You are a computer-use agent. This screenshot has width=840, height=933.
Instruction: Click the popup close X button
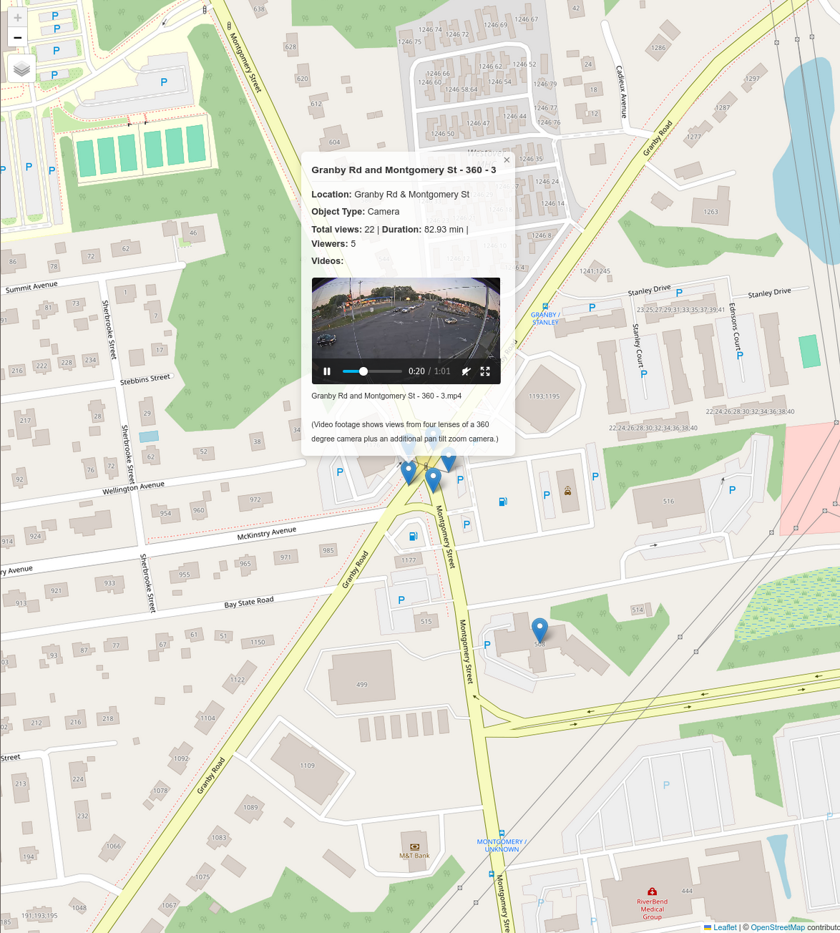tap(507, 160)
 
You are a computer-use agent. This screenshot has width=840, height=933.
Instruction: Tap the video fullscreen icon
tap(485, 371)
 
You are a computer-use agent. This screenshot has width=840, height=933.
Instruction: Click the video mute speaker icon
tap(466, 371)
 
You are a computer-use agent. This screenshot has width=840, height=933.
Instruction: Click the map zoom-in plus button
tap(18, 18)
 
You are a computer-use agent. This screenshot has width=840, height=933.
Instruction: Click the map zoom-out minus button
tap(18, 37)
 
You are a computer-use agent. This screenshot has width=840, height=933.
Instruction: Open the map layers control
tap(22, 69)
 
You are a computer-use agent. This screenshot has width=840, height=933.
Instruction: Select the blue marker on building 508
tap(539, 630)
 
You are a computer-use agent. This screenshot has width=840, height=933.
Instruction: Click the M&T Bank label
tap(414, 855)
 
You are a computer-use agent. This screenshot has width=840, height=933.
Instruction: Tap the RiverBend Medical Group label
tap(652, 909)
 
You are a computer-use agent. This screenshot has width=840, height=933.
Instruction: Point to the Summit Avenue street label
tap(31, 287)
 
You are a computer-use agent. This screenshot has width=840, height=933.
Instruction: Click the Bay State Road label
tap(249, 602)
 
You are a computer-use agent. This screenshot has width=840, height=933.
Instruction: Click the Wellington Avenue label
tap(133, 488)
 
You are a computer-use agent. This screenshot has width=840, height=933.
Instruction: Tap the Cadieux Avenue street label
tap(621, 92)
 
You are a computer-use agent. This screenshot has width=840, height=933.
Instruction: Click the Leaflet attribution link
tap(724, 927)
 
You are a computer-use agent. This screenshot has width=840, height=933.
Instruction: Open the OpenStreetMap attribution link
tap(777, 927)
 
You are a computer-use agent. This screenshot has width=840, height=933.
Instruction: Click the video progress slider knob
tap(363, 371)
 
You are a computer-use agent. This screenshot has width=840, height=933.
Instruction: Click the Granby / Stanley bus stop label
tap(545, 318)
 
